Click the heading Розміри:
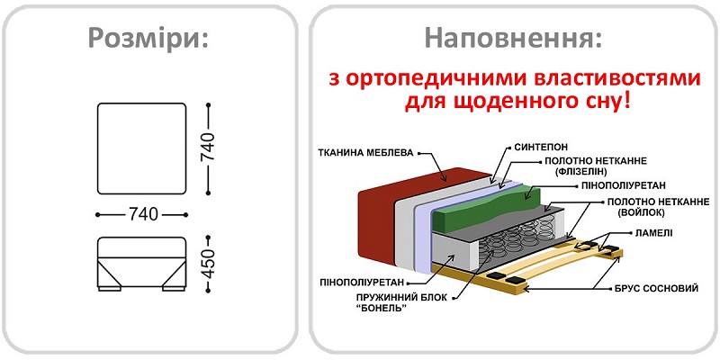point(148,39)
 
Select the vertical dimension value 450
point(209,262)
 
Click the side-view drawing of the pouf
point(141,263)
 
